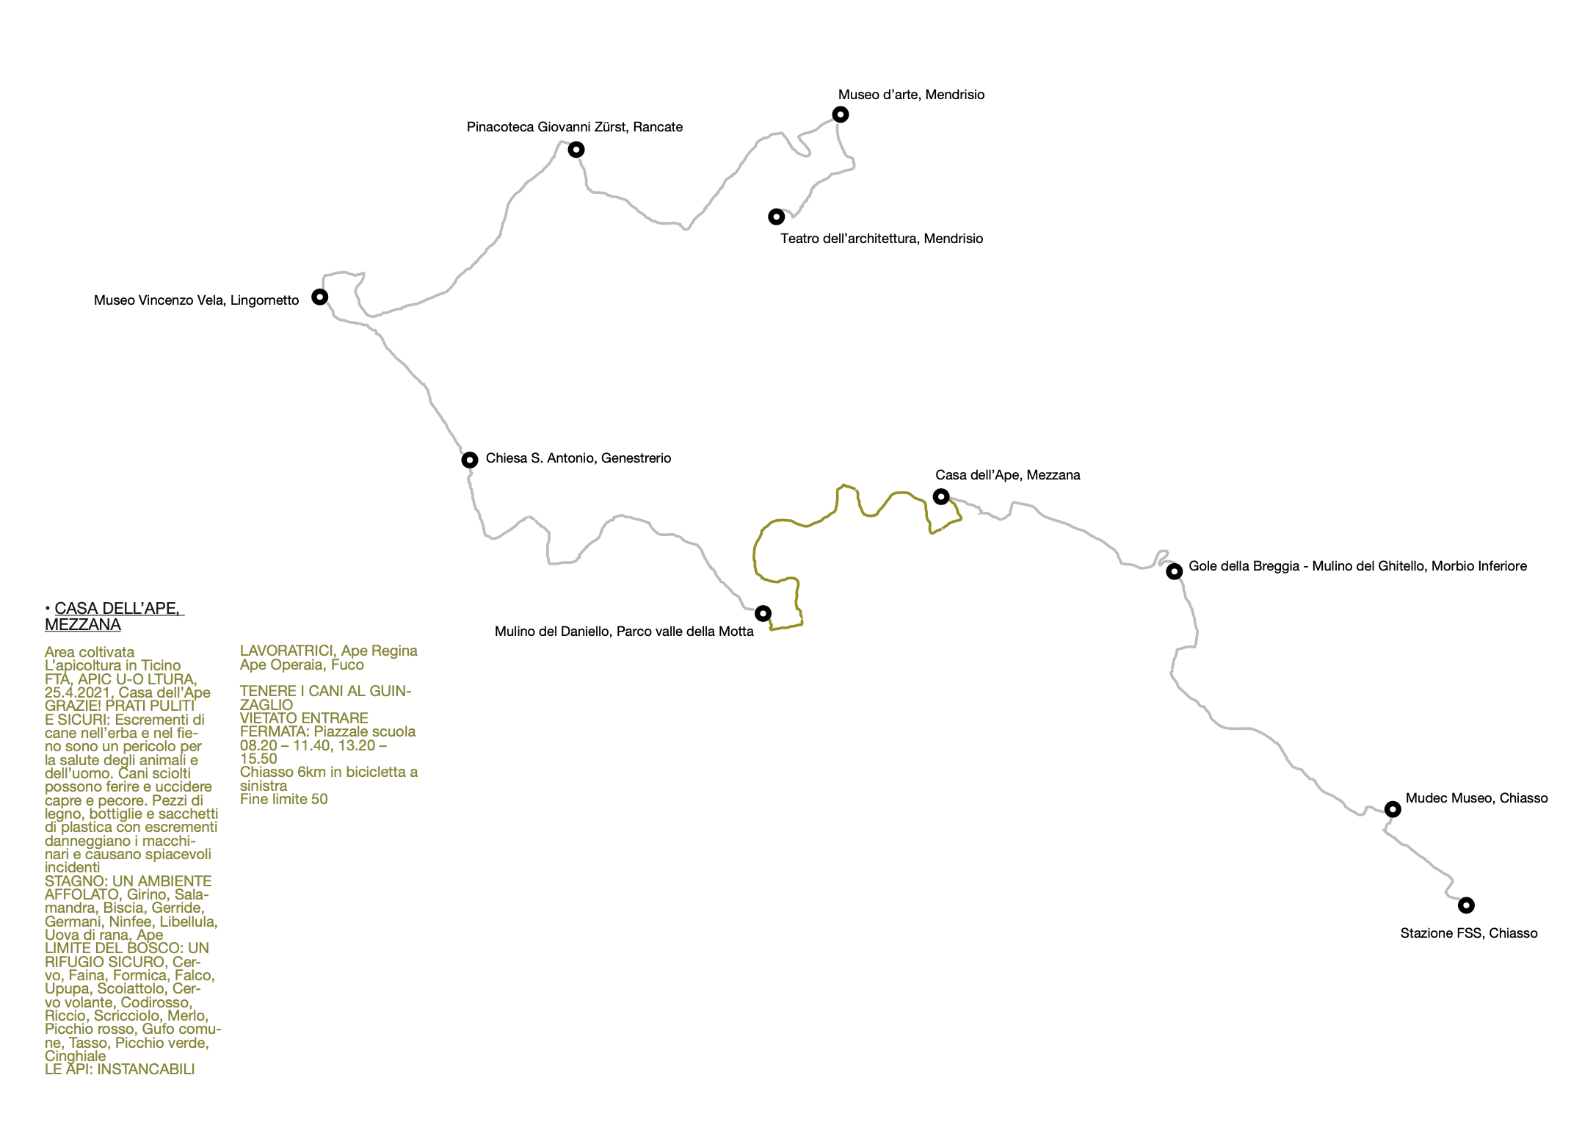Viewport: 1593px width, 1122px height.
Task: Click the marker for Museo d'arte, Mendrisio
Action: (x=841, y=115)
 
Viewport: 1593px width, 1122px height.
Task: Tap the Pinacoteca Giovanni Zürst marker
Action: (x=576, y=150)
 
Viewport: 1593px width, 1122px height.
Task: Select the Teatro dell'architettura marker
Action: (x=776, y=217)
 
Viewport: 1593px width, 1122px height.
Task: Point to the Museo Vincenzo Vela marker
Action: (x=319, y=297)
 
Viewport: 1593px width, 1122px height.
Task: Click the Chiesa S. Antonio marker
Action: (x=470, y=460)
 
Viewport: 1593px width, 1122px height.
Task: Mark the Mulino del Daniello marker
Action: (x=763, y=613)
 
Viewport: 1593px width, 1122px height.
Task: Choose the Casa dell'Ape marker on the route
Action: (x=940, y=497)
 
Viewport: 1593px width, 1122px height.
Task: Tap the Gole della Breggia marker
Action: (x=1174, y=571)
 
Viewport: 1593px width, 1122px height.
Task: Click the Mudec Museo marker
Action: (x=1392, y=809)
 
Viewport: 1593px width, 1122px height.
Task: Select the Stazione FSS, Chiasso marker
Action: (x=1466, y=905)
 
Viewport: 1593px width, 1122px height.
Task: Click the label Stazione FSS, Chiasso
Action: (x=1469, y=933)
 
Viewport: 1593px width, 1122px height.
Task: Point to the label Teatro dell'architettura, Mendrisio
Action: (x=882, y=239)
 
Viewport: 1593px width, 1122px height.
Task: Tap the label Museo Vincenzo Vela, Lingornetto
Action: (x=197, y=300)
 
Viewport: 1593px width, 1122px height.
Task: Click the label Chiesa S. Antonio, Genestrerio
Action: (x=578, y=458)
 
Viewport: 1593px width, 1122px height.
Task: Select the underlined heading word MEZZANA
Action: (x=83, y=625)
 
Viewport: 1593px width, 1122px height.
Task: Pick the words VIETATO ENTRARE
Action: (x=304, y=718)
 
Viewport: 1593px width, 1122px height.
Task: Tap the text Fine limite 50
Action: (x=284, y=799)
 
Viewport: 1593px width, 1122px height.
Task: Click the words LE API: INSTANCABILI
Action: (x=120, y=1069)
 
